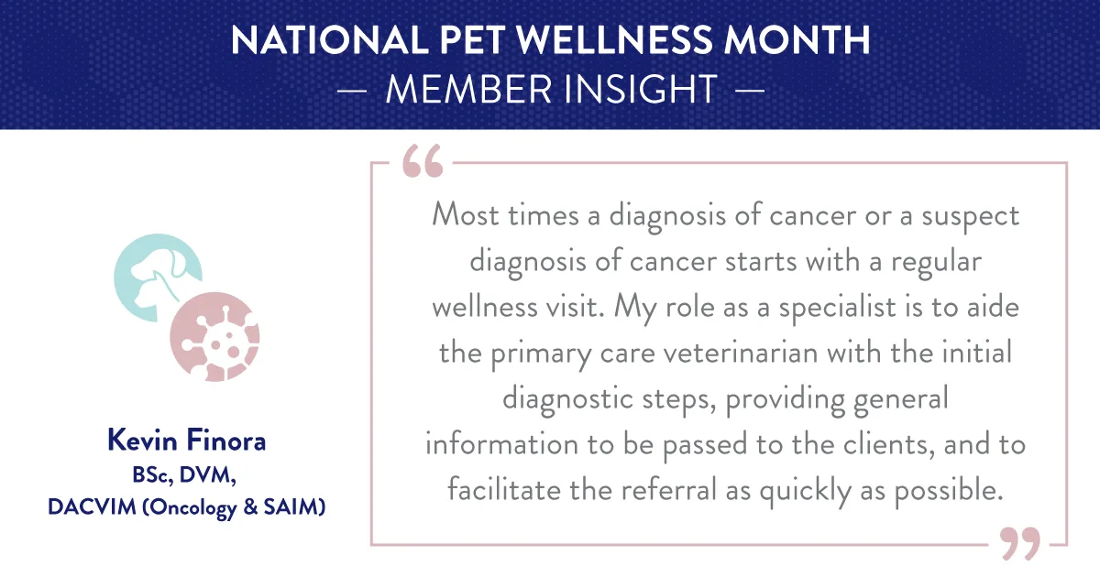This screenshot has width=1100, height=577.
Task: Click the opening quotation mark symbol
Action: coord(422,161)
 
